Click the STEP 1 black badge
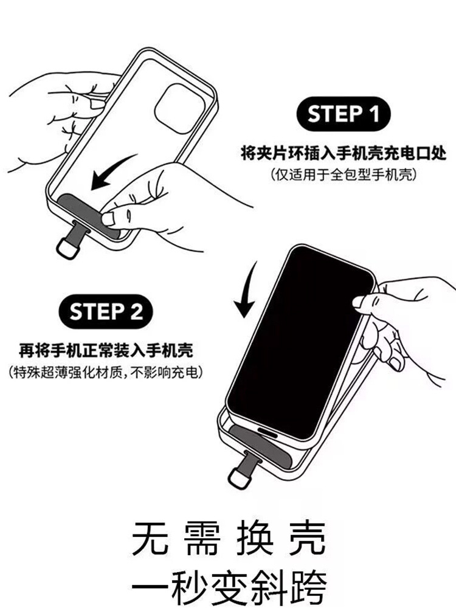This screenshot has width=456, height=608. click(343, 114)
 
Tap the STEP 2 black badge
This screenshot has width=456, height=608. click(106, 312)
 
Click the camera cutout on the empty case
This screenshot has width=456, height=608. click(179, 109)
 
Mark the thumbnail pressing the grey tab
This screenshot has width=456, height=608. click(107, 219)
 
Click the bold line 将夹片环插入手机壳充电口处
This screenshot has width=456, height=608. click(344, 153)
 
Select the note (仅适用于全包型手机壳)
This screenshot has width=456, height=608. click(344, 175)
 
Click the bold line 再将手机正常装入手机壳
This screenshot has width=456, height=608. click(106, 350)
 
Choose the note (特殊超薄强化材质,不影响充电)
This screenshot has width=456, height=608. click(106, 372)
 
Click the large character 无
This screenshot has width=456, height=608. click(150, 539)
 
